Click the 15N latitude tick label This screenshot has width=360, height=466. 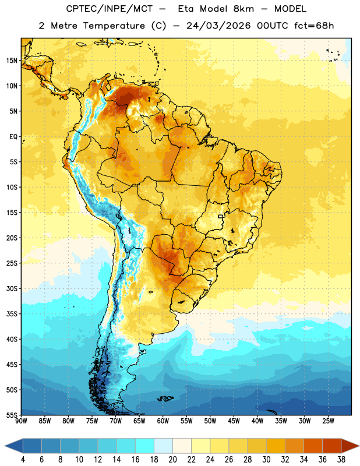pyautogui.click(x=12, y=61)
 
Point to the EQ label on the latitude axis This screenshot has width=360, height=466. pyautogui.click(x=13, y=137)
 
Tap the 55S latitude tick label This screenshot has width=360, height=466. pyautogui.click(x=12, y=415)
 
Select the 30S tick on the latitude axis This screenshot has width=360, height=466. pyautogui.click(x=12, y=288)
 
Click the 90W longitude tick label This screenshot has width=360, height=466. pyautogui.click(x=21, y=421)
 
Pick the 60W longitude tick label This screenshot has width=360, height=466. pyautogui.click(x=163, y=421)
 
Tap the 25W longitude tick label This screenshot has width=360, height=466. pyautogui.click(x=328, y=421)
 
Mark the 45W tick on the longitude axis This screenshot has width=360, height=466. pyautogui.click(x=234, y=421)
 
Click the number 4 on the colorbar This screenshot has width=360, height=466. pyautogui.click(x=23, y=460)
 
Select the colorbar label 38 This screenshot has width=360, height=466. pyautogui.click(x=341, y=460)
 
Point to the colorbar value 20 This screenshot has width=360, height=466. pyautogui.click(x=172, y=460)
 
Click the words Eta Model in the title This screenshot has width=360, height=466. pyautogui.click(x=216, y=9)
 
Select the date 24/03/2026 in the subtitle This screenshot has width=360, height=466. pyautogui.click(x=218, y=26)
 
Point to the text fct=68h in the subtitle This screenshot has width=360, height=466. pyautogui.click(x=314, y=26)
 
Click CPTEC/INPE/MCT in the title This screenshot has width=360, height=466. pyautogui.click(x=110, y=9)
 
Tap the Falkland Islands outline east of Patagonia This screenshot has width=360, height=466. pyautogui.click(x=165, y=398)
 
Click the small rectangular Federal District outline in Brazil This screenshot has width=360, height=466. pyautogui.click(x=221, y=216)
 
